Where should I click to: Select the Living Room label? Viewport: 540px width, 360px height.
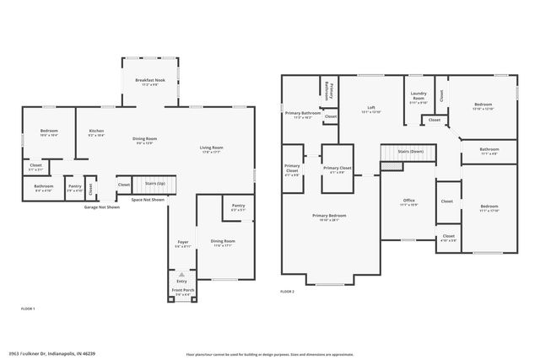(x=209, y=147)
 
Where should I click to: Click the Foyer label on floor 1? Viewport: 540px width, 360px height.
(x=182, y=242)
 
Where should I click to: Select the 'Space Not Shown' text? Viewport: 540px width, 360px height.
(x=147, y=200)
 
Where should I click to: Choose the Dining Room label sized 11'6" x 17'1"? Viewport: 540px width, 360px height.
(x=223, y=241)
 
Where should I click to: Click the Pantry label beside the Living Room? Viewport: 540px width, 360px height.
(x=239, y=205)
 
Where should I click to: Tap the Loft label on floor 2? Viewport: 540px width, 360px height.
(x=371, y=109)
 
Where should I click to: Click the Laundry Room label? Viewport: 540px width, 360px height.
(x=418, y=96)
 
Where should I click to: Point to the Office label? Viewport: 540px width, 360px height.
(x=408, y=201)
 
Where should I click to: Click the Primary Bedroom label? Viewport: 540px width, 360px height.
(x=329, y=216)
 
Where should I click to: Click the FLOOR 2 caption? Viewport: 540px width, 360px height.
(x=288, y=291)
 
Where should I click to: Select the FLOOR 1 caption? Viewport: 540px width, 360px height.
(x=27, y=309)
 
